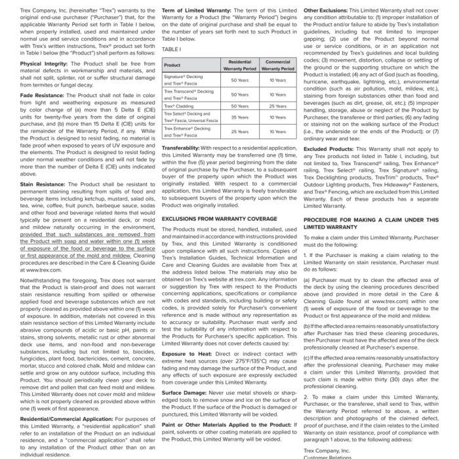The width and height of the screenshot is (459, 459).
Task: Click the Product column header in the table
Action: [172, 66]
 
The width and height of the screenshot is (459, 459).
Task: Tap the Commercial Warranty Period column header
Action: [277, 66]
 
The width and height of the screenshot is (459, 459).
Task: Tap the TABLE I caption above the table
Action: [171, 49]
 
